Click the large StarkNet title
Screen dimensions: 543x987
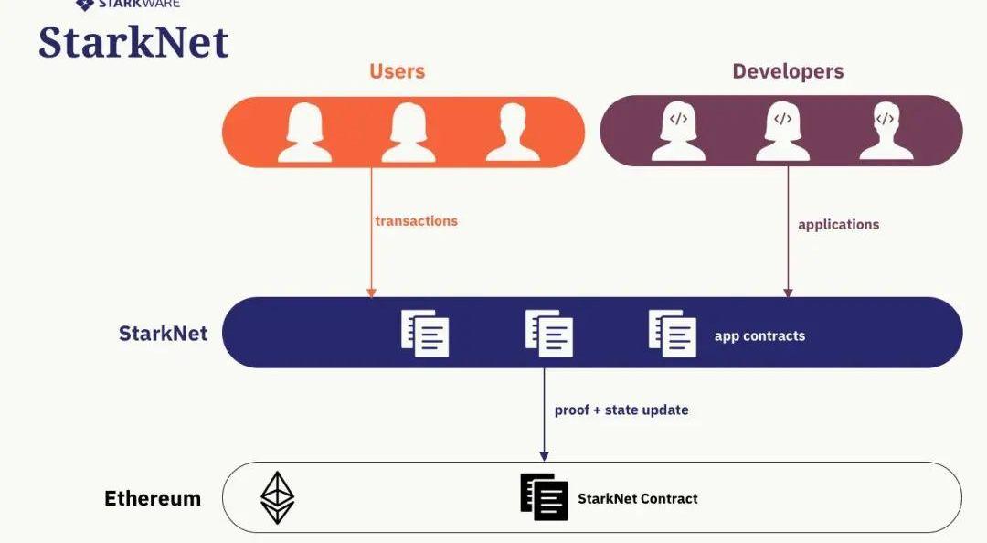pos(133,43)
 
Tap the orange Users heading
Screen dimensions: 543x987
pos(397,71)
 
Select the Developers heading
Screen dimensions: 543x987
pos(788,71)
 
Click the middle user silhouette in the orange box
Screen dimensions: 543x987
pos(409,133)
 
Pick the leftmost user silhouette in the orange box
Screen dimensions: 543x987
pos(304,133)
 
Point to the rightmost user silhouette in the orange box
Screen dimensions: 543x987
pos(512,133)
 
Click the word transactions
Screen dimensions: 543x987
pos(416,220)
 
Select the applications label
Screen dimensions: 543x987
pos(838,224)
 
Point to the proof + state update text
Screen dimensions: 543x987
pos(621,410)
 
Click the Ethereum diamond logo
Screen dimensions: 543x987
pos(278,497)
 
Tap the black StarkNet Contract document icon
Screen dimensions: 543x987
pos(545,497)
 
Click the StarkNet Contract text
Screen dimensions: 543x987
pos(638,498)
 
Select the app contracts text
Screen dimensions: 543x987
pos(759,335)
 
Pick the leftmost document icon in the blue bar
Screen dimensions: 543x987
pos(425,333)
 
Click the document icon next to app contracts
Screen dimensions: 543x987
pos(673,333)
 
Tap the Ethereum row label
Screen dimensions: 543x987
pos(153,498)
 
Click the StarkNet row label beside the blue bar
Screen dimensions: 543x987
pos(163,333)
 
